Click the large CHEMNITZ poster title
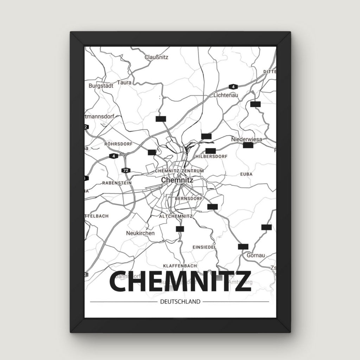click(x=180, y=282)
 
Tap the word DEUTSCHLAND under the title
click(x=180, y=302)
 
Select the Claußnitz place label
click(x=156, y=57)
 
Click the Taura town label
click(x=124, y=83)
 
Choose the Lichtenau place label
click(x=226, y=95)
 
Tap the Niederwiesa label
click(x=246, y=140)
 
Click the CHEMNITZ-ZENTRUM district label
click(x=179, y=171)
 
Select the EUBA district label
click(x=246, y=174)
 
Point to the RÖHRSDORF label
click(x=118, y=144)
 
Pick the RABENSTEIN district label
click(x=117, y=183)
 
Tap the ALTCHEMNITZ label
click(x=175, y=216)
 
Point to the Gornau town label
click(x=256, y=255)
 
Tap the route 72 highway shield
click(x=126, y=171)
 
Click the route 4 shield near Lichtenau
click(x=232, y=86)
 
